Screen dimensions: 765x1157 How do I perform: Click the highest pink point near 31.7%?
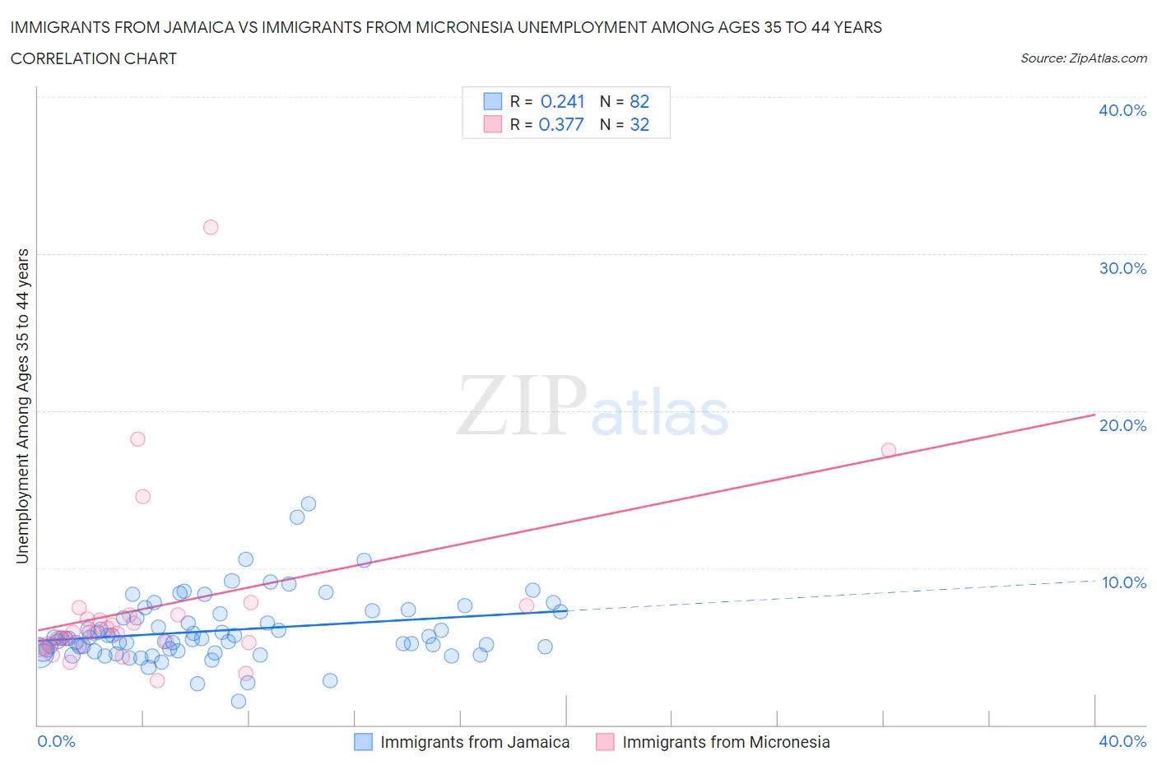(x=211, y=227)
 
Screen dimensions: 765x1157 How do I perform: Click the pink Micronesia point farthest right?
(x=889, y=450)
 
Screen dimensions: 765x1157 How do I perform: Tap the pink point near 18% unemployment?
(x=138, y=439)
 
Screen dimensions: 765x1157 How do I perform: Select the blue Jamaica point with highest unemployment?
(x=309, y=503)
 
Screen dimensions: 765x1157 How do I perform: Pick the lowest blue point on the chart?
(x=239, y=702)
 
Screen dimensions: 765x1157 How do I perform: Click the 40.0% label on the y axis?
(x=1122, y=110)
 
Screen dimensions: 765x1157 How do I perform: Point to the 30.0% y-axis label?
(x=1122, y=268)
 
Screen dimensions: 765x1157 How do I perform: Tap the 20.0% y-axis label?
(x=1122, y=425)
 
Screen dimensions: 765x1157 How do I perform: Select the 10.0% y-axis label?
(x=1122, y=582)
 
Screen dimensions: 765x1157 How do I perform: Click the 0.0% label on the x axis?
(x=56, y=741)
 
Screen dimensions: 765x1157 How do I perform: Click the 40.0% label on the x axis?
(x=1122, y=741)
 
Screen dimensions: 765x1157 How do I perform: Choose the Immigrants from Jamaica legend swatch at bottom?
(x=364, y=742)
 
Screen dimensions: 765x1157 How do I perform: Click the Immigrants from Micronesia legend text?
(x=726, y=742)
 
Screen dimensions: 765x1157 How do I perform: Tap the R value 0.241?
(x=562, y=101)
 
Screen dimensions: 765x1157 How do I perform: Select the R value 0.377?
(x=561, y=124)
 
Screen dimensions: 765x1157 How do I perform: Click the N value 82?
(x=639, y=101)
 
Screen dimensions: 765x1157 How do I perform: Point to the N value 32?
(x=639, y=124)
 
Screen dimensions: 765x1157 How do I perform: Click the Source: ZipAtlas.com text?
(x=1083, y=58)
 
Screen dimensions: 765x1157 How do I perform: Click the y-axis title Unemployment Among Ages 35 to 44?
(x=22, y=406)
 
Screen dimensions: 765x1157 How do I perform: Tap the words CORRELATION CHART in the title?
(x=94, y=58)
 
